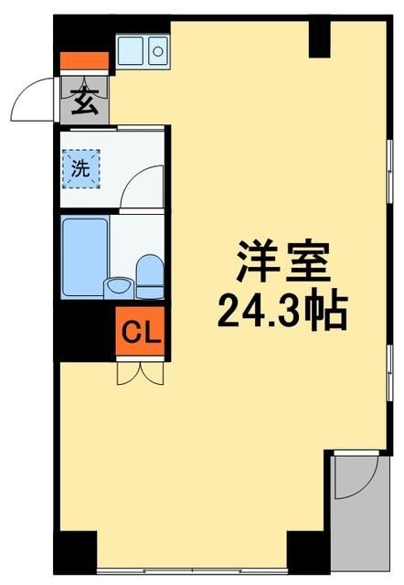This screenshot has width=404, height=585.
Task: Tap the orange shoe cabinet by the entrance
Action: coord(84,63)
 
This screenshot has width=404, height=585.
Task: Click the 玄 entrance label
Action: coord(84,100)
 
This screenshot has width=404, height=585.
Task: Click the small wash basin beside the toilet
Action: coord(117,286)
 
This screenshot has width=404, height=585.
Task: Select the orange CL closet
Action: coord(141,330)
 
